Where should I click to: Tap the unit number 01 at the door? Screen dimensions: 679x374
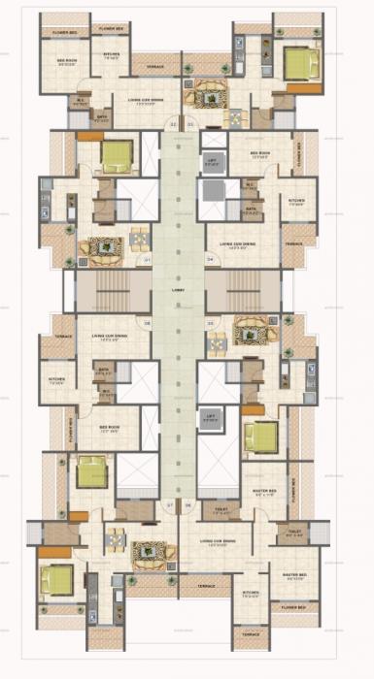click(189, 125)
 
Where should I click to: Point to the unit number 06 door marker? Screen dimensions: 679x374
click(148, 323)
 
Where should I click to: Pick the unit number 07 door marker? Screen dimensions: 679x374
click(170, 505)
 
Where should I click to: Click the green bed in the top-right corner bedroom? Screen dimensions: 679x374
click(298, 65)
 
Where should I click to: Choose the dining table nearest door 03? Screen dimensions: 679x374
click(219, 340)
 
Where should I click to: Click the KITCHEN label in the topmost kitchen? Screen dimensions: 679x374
click(111, 54)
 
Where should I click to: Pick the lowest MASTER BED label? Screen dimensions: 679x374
click(294, 576)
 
